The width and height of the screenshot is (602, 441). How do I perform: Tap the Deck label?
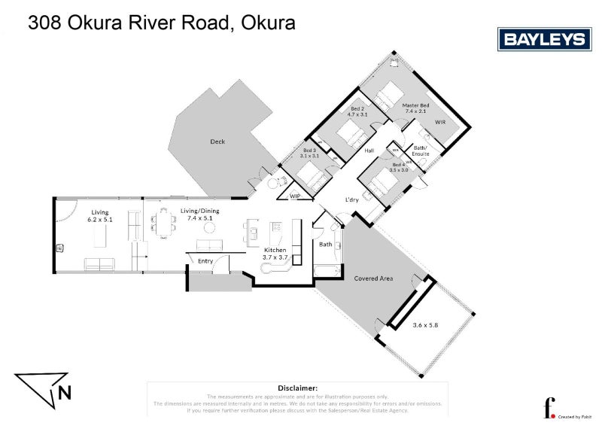click(x=217, y=141)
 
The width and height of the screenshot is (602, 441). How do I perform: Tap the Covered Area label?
click(x=374, y=278)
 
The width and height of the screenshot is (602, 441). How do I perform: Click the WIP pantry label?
click(x=296, y=196)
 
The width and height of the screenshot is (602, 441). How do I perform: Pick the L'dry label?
click(x=351, y=199)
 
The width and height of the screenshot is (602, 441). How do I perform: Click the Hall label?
click(x=369, y=151)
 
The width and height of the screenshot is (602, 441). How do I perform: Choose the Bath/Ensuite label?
click(x=421, y=150)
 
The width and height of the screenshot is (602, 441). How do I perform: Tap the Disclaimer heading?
click(x=297, y=387)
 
